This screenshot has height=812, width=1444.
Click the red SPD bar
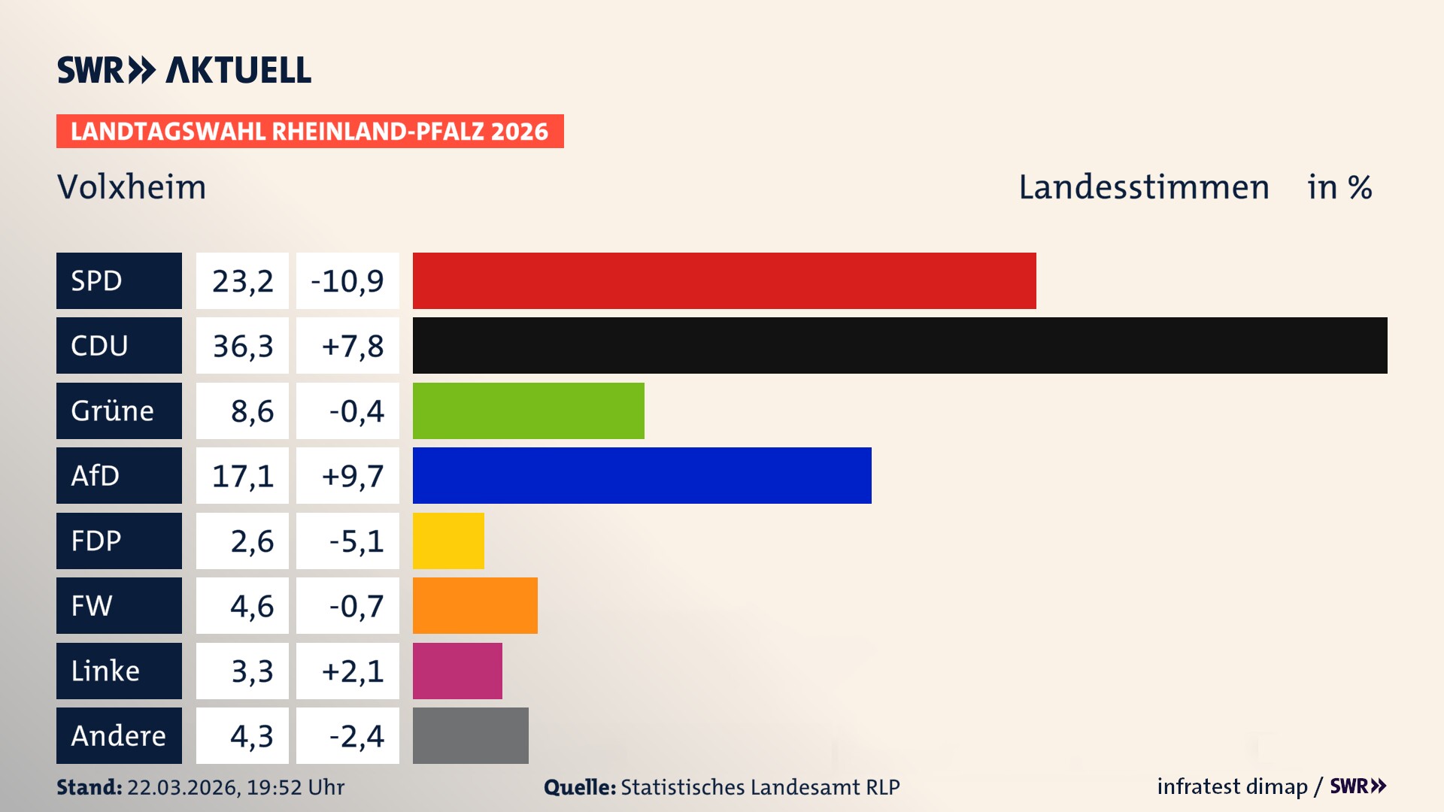[x=724, y=280]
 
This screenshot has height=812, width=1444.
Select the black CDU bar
[x=899, y=345]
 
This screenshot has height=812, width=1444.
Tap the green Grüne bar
[x=528, y=411]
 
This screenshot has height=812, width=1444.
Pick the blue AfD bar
[x=642, y=475]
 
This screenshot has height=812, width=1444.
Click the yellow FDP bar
[x=448, y=541]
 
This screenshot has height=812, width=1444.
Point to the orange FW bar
[x=475, y=605]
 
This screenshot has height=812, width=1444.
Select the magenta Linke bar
[x=457, y=671]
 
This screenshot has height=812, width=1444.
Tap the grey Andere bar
[x=470, y=735]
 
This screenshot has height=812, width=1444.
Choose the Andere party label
[x=119, y=735]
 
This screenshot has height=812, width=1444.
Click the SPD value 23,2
[x=242, y=280]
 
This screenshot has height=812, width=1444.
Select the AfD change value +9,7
[x=352, y=475]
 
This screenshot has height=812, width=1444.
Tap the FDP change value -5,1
[x=356, y=541]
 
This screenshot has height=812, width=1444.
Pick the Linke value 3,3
[x=251, y=671]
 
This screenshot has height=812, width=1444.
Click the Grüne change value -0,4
[x=356, y=411]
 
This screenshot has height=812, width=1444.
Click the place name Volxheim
[x=132, y=187]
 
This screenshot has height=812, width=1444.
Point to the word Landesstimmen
[x=1143, y=187]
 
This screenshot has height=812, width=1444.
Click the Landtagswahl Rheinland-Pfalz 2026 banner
[x=309, y=131]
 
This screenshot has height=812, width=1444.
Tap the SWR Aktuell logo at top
[x=184, y=70]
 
